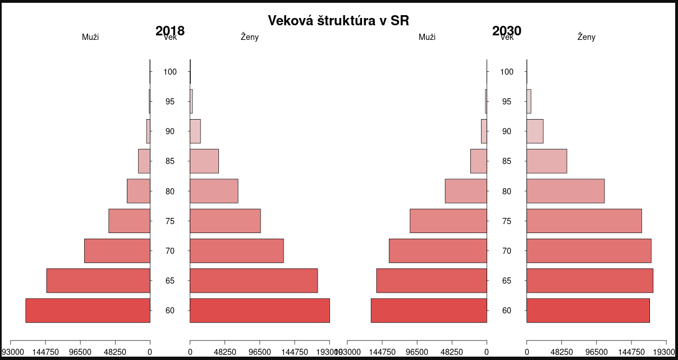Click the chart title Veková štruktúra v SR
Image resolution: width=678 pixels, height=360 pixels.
[338, 21]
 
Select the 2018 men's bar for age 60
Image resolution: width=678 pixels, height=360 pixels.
[88, 311]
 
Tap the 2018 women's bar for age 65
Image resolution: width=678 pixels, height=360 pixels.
[254, 281]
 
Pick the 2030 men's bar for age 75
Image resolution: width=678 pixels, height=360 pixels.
[448, 221]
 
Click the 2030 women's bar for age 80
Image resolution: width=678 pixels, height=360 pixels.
[565, 191]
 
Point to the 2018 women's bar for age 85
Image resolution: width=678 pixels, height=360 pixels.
[204, 161]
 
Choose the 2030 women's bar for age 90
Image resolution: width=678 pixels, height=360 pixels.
[535, 131]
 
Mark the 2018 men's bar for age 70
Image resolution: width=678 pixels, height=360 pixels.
[117, 250]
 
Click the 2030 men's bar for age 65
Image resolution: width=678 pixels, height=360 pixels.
[432, 281]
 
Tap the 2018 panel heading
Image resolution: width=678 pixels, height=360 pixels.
[170, 31]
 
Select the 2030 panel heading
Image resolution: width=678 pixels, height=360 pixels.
[507, 31]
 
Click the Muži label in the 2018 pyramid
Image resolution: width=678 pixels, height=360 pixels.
[90, 37]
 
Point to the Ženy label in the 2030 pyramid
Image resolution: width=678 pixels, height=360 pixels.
[587, 37]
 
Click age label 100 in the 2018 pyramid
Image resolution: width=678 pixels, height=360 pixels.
[170, 72]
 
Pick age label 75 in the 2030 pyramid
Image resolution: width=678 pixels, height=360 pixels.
[507, 221]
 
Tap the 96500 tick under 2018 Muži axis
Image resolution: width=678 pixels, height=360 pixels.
[80, 352]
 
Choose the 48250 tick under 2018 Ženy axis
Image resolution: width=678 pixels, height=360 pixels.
[225, 352]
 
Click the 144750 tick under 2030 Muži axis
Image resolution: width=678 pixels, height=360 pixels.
[382, 352]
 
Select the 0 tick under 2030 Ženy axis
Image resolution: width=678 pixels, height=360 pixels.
[526, 352]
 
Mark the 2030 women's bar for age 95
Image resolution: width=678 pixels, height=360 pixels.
[529, 102]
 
